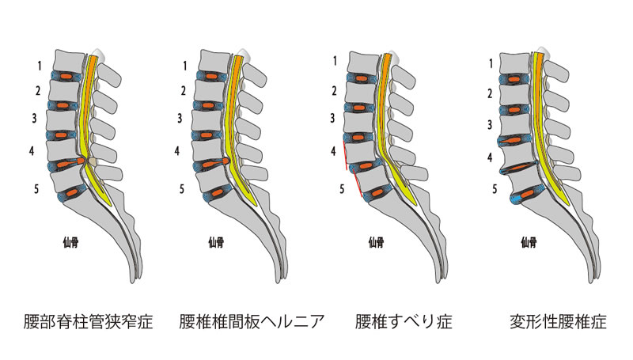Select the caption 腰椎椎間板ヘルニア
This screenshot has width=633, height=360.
[242, 323]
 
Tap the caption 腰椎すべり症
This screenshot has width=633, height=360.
[394, 323]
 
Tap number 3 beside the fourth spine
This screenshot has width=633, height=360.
[490, 124]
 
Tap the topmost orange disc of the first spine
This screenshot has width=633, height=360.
[66, 77]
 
